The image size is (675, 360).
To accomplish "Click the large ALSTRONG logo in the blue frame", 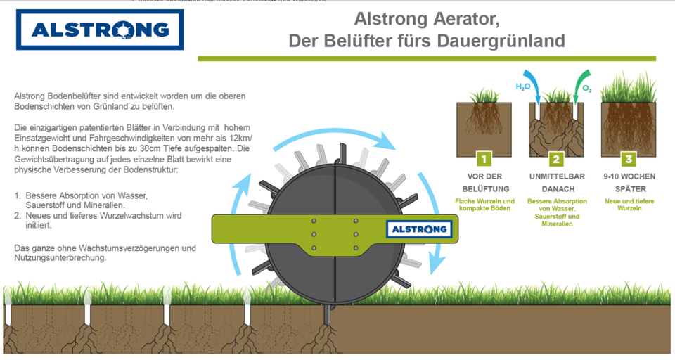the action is [x=100, y=30].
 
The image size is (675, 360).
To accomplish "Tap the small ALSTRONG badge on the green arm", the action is [x=419, y=229].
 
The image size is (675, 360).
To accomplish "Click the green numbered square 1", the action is [x=484, y=160].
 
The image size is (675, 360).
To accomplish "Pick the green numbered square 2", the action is [x=556, y=160].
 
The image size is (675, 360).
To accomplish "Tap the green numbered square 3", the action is [x=629, y=160].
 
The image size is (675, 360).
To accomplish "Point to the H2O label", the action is [x=523, y=87].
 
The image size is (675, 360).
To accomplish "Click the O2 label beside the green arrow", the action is [x=586, y=89].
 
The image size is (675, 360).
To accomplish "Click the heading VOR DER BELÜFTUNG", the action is [x=484, y=183].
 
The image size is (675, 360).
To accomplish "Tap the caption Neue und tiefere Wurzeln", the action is [x=629, y=205].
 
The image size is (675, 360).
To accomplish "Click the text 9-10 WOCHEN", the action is [x=629, y=176].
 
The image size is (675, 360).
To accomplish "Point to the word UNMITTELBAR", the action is [x=557, y=176].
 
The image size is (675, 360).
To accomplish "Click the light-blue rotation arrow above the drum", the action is [x=335, y=133].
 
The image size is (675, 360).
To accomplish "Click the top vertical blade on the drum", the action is [x=342, y=154].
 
